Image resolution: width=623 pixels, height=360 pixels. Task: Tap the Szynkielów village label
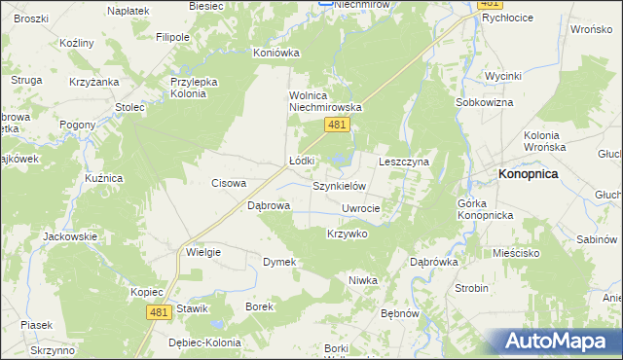tap(338, 185)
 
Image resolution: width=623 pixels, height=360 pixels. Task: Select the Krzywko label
tap(347, 234)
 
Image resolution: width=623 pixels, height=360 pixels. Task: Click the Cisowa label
tap(230, 182)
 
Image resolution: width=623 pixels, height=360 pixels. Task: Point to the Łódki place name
tap(302, 161)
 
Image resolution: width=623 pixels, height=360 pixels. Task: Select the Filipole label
tap(172, 37)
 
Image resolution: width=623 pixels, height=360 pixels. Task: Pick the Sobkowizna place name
tap(482, 101)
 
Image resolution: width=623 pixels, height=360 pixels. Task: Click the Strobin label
tap(471, 288)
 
